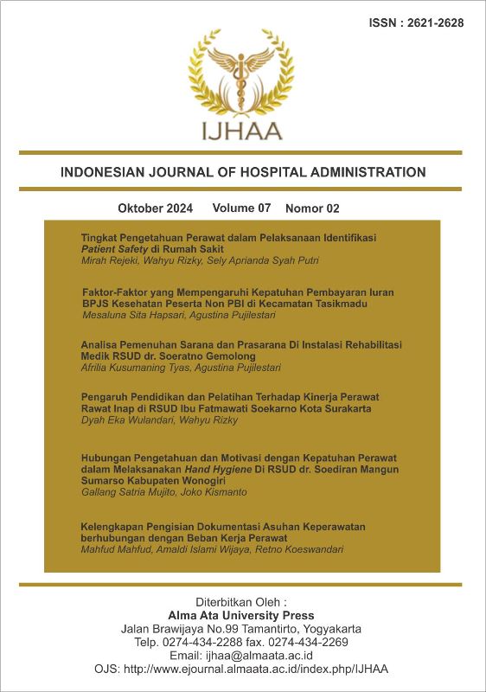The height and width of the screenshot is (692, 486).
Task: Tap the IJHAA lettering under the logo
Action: pos(242,131)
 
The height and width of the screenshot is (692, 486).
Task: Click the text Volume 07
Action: pos(241,208)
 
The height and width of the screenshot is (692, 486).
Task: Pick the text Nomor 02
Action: pos(312,208)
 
